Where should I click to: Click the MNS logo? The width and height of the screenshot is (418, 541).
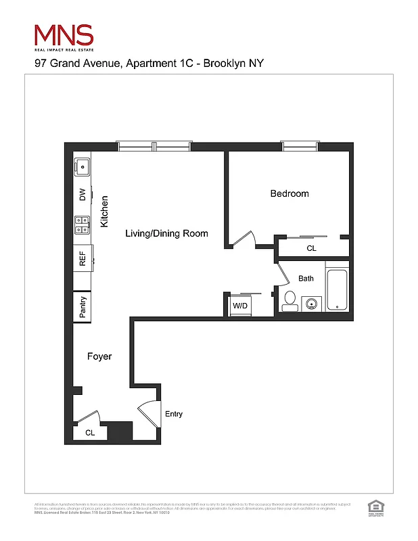[64, 37]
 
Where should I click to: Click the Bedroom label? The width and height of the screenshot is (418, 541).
[289, 193]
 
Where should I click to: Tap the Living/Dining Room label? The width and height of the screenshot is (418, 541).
[166, 233]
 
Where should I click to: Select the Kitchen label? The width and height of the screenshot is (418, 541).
[104, 211]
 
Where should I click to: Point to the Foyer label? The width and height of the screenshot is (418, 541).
[99, 356]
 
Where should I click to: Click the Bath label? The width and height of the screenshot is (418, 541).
[306, 279]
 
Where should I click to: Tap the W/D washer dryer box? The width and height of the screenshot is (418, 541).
[241, 305]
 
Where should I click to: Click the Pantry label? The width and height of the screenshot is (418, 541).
[83, 306]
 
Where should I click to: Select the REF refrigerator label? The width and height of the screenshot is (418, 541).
[83, 260]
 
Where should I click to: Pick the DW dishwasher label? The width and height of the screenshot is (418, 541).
[83, 195]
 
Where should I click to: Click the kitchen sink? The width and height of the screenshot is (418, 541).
[83, 166]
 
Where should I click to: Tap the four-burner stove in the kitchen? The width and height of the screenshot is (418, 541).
[83, 225]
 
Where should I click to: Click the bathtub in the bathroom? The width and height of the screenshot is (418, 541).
[337, 290]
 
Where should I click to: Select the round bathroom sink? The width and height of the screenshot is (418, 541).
[312, 304]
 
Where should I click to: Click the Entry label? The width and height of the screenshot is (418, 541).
[174, 415]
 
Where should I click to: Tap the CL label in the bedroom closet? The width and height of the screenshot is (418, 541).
[311, 249]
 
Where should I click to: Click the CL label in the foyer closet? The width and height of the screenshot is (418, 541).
[90, 432]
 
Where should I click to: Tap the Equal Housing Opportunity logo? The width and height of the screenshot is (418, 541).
[374, 508]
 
